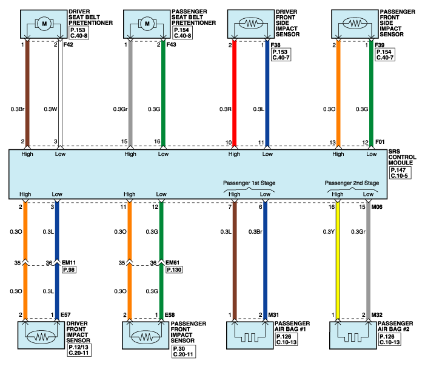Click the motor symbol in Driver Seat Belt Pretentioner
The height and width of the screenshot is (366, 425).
pyautogui.click(x=44, y=24)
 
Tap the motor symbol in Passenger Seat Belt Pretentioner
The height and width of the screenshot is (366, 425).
pyautogui.click(x=147, y=24)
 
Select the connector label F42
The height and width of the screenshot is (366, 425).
pyautogui.click(x=69, y=44)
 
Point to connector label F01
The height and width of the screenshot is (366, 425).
pyautogui.click(x=380, y=141)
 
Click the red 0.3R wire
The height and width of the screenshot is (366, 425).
pyautogui.click(x=235, y=93)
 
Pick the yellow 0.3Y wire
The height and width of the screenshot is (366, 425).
pyautogui.click(x=338, y=260)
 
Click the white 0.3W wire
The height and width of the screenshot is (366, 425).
pyautogui.click(x=60, y=93)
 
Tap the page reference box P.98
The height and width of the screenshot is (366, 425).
pyautogui.click(x=69, y=269)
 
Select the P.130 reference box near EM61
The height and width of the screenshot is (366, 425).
pyautogui.click(x=174, y=269)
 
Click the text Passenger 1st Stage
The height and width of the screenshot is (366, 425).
pyautogui.click(x=249, y=183)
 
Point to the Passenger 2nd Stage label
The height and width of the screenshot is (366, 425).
pyautogui.click(x=352, y=183)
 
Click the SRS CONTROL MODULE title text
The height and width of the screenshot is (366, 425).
pyautogui.click(x=402, y=157)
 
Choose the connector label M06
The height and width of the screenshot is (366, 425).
pyautogui.click(x=376, y=207)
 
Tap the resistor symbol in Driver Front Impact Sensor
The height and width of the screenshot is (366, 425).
pyautogui.click(x=41, y=337)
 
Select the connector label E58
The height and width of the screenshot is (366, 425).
pyautogui.click(x=170, y=315)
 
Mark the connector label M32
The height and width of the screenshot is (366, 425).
pyautogui.click(x=376, y=315)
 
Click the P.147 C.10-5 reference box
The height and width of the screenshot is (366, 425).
pyautogui.click(x=400, y=173)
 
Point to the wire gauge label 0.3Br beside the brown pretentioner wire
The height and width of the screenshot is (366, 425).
pyautogui.click(x=18, y=109)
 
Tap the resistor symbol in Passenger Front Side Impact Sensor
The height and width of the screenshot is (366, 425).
pyautogui.click(x=355, y=24)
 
